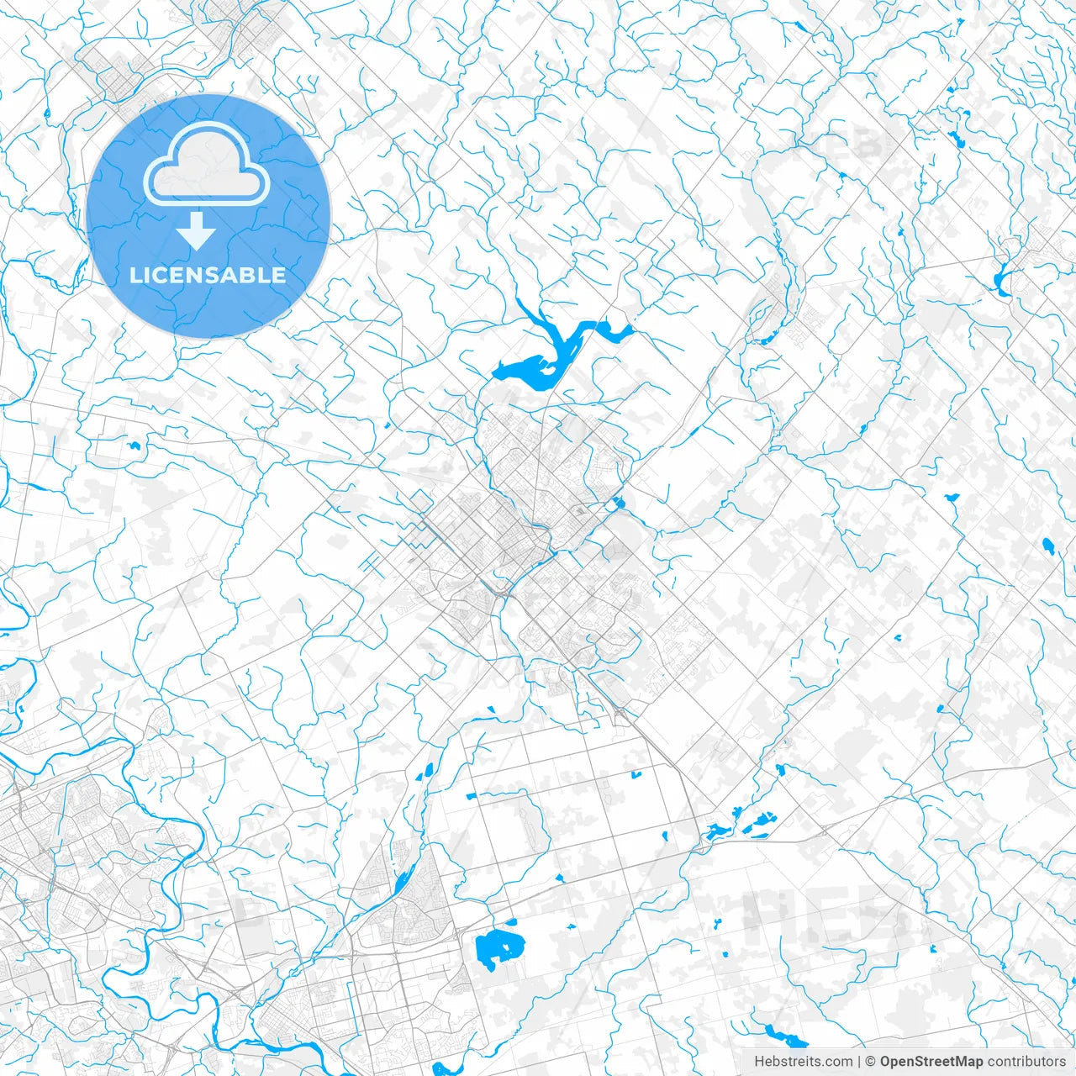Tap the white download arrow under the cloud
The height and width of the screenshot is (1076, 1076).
click(198, 231)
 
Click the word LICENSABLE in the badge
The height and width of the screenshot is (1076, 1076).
click(207, 275)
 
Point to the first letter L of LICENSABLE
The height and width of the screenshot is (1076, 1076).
click(134, 275)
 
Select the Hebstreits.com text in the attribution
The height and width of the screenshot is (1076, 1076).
click(803, 1062)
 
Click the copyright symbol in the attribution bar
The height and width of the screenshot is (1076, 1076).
click(871, 1062)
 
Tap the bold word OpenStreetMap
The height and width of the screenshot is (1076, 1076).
click(931, 1062)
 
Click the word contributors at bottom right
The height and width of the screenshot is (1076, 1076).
click(1026, 1062)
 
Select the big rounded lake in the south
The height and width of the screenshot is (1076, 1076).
click(496, 948)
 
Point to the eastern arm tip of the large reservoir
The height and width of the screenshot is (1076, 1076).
click(626, 330)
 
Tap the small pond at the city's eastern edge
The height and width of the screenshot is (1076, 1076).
click(620, 504)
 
